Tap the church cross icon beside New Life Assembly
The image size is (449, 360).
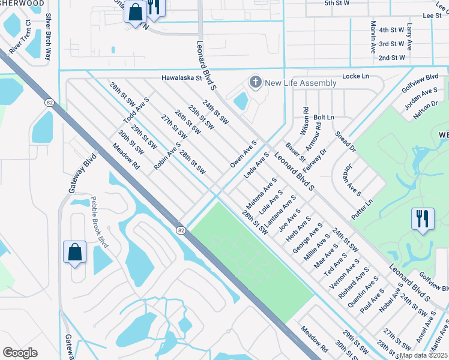point(256,82)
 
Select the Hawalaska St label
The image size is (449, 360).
point(184,78)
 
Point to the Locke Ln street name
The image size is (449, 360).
point(355,77)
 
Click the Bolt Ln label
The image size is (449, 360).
point(324,117)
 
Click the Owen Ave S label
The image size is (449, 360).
point(243,154)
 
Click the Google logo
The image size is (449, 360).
point(20,352)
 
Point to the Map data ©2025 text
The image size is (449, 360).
point(424,355)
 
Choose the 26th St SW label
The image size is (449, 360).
point(187,122)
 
